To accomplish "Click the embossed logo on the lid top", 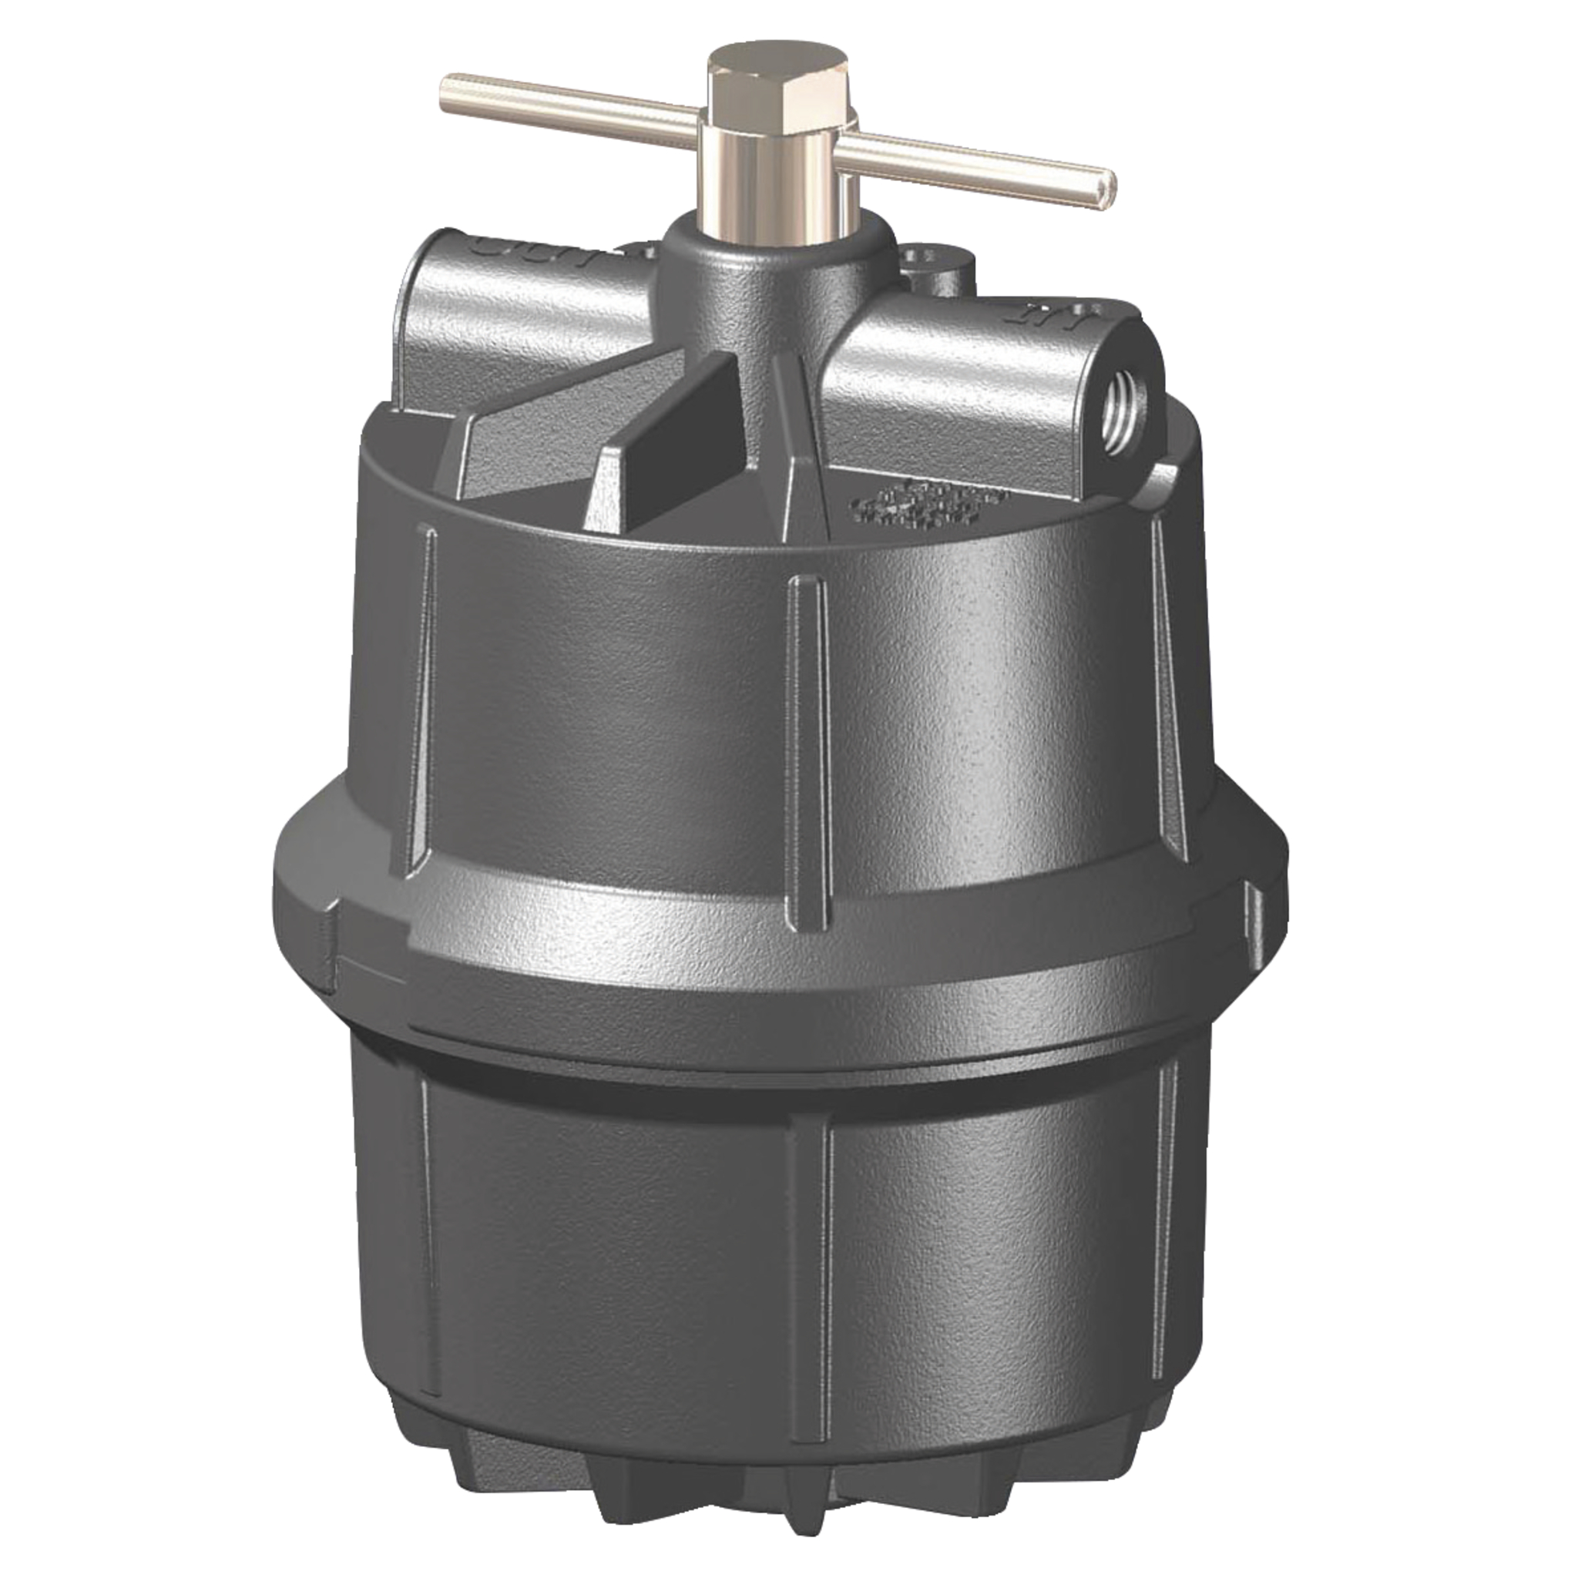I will pos(927,502).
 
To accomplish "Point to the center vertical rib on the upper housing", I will pos(808,751).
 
